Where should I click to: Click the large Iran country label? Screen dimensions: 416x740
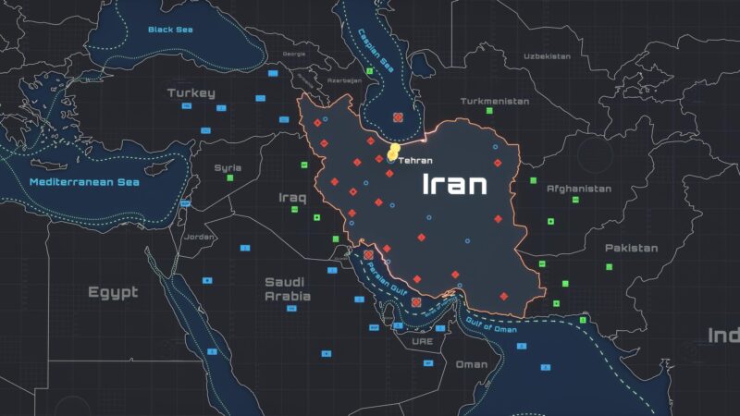(x=454, y=184)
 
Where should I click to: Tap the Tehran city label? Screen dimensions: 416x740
(x=415, y=160)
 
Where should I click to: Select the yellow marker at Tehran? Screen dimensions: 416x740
(x=395, y=151)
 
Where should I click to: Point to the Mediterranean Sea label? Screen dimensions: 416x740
(x=83, y=182)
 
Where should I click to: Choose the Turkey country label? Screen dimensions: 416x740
(x=191, y=92)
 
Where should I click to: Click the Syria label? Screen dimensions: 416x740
(x=228, y=167)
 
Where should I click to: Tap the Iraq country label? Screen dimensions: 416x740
(x=292, y=197)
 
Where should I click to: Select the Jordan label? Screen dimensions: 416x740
(x=200, y=237)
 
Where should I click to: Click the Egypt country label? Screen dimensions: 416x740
(x=113, y=292)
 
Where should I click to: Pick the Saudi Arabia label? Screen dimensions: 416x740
(x=287, y=288)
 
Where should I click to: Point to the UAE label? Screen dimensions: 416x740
(x=422, y=341)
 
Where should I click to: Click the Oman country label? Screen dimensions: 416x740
(x=471, y=364)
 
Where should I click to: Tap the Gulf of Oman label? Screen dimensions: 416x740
(x=491, y=324)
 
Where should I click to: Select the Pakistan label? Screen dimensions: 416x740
(x=631, y=248)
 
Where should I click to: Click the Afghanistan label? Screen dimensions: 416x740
(x=578, y=189)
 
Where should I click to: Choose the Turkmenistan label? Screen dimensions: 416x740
(x=495, y=101)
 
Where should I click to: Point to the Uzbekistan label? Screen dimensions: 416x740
(x=547, y=56)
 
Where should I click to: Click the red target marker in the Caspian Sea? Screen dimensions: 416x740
(x=398, y=118)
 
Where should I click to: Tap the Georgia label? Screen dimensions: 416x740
(x=293, y=54)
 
